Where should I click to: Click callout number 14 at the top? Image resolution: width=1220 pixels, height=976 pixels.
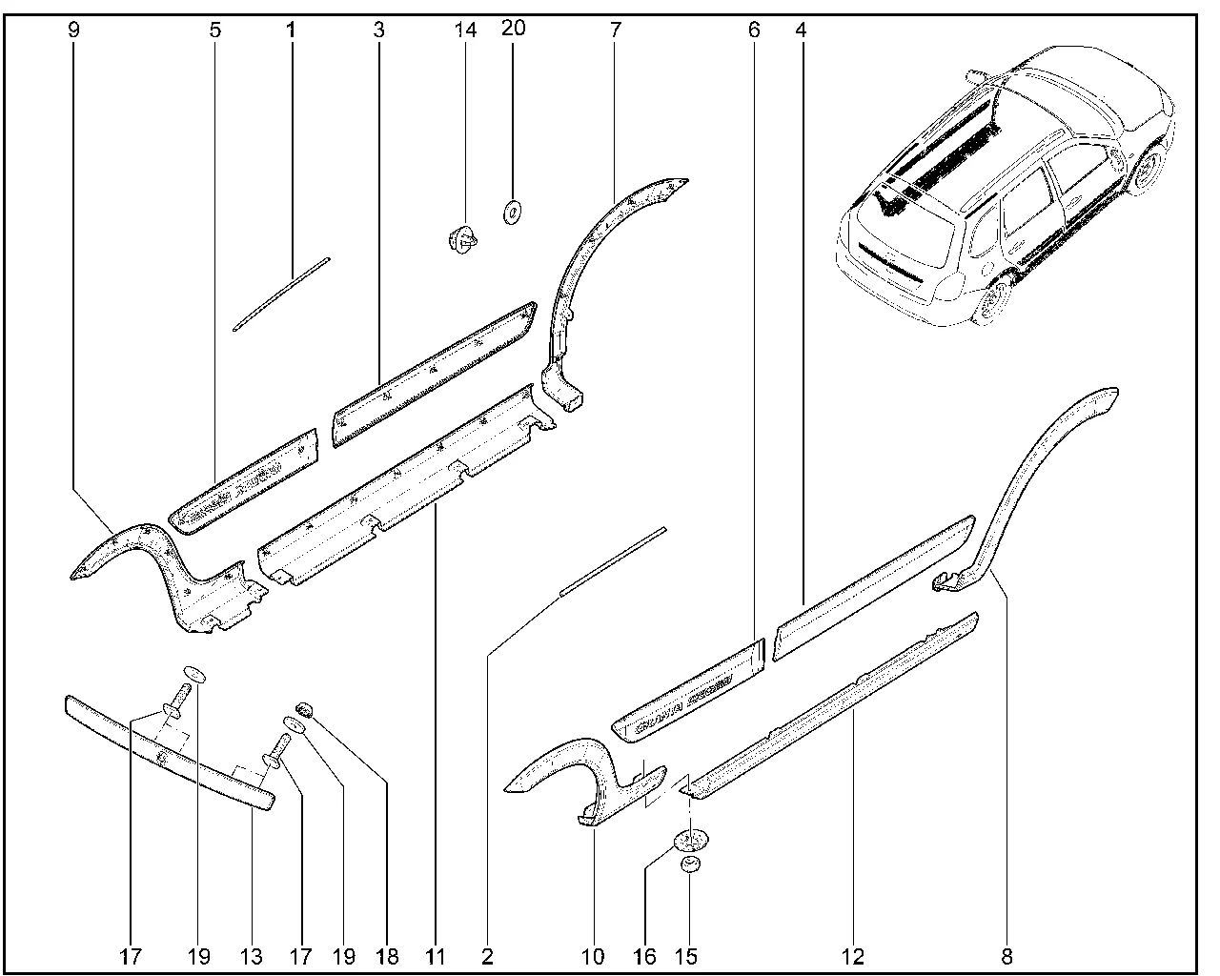465,30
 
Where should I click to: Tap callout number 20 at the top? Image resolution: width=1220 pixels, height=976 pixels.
513,30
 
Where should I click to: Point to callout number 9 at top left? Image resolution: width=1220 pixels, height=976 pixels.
74,30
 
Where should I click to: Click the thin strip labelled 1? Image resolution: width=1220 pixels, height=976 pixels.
281,293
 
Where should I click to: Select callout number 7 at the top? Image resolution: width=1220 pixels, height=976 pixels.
616,30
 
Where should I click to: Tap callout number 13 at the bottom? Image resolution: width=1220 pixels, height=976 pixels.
253,955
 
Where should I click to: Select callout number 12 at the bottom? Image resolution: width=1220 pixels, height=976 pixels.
853,955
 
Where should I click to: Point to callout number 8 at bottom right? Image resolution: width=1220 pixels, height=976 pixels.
1006,955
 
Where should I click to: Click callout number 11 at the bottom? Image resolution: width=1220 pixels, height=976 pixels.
437,955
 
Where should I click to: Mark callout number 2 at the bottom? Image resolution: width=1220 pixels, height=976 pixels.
488,955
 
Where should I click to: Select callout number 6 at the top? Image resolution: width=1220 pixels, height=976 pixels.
755,30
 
